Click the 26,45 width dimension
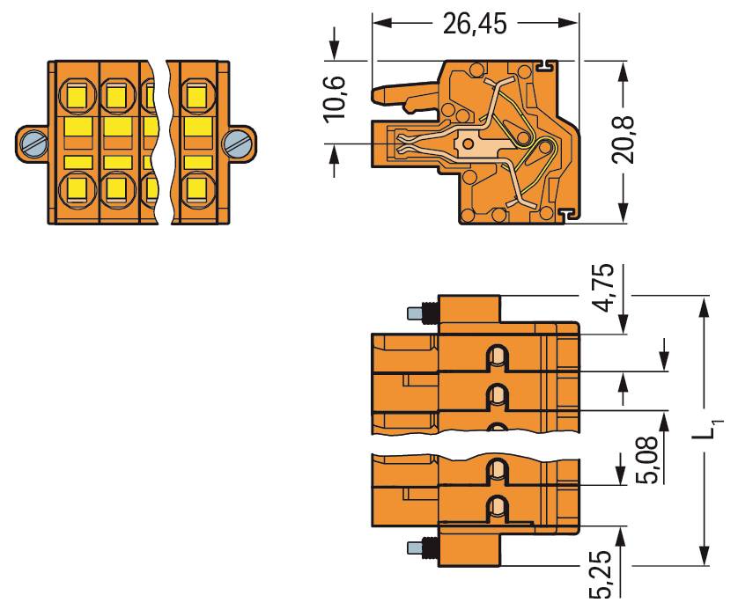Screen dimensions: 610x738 pyautogui.click(x=475, y=24)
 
